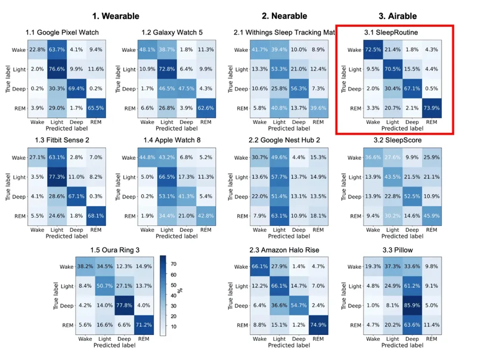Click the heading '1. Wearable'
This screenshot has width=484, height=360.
coord(116,15)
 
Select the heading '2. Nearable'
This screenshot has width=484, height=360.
coord(284,15)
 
